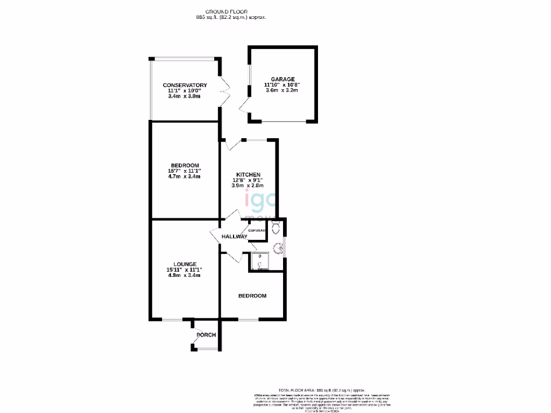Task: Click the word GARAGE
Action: coord(282,79)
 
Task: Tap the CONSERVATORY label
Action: coord(185,86)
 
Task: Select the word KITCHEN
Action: coord(248,175)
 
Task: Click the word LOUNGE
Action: coord(185,264)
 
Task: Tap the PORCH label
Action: coord(206,335)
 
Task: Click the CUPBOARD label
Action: coord(257,231)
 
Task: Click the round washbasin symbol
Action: coord(278,248)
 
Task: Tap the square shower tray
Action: coord(259,261)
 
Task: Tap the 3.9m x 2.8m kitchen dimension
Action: coord(248,186)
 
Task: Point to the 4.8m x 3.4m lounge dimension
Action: coord(185,275)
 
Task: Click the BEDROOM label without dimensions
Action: coord(252,296)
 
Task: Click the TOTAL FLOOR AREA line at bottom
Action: coord(321,390)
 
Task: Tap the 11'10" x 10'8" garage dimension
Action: coord(282,84)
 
